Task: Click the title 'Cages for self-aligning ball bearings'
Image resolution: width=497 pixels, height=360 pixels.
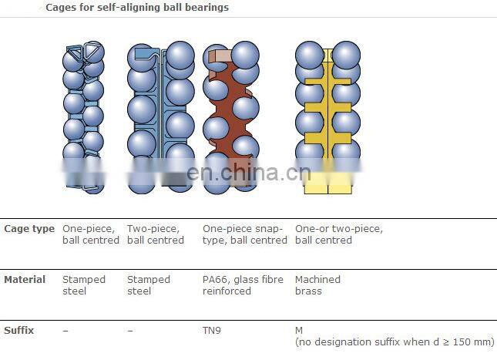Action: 137,7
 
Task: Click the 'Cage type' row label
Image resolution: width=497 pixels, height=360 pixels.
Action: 29,229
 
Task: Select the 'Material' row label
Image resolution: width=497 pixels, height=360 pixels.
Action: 25,279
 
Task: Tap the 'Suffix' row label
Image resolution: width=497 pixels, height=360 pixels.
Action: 18,330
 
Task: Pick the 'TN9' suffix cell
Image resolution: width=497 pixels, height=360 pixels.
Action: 212,331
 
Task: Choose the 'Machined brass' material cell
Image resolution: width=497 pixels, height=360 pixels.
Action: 317,285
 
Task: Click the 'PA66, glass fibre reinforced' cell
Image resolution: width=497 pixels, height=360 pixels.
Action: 243,285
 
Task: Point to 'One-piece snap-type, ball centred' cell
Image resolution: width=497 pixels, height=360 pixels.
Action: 245,234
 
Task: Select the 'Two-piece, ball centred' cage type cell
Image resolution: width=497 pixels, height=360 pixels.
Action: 156,234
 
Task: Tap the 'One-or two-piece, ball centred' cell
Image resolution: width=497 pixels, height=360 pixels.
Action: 339,234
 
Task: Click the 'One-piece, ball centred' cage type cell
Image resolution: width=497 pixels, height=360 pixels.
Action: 91,234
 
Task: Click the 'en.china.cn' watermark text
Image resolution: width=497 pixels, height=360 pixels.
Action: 249,172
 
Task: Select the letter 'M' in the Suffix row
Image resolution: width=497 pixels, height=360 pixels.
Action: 299,331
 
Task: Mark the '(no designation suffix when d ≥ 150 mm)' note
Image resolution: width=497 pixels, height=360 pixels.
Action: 395,342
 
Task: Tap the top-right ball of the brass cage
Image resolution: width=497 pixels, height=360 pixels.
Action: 346,55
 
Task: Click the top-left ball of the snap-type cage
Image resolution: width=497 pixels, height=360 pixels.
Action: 217,57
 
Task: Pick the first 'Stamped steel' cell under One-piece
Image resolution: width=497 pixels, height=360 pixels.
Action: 84,285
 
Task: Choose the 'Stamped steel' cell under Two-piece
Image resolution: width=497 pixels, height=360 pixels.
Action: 149,285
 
